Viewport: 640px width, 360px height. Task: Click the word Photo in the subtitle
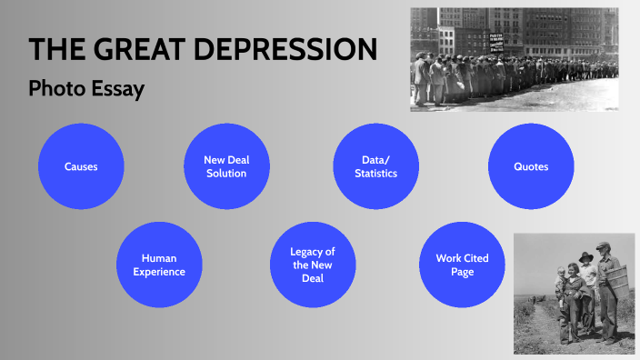tap(55, 90)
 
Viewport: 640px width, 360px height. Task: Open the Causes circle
tap(81, 166)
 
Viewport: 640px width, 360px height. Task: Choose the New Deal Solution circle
tap(226, 166)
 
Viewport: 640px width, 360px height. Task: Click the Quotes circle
tap(531, 166)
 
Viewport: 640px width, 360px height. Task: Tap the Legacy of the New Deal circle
tap(313, 265)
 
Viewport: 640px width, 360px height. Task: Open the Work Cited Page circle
tap(462, 265)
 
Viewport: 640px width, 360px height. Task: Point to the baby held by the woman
tap(561, 277)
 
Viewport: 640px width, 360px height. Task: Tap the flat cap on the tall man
tap(602, 246)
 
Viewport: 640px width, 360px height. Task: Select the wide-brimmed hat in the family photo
tap(586, 256)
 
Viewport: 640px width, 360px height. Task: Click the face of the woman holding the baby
tap(573, 270)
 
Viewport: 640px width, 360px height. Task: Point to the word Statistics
tap(376, 173)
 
